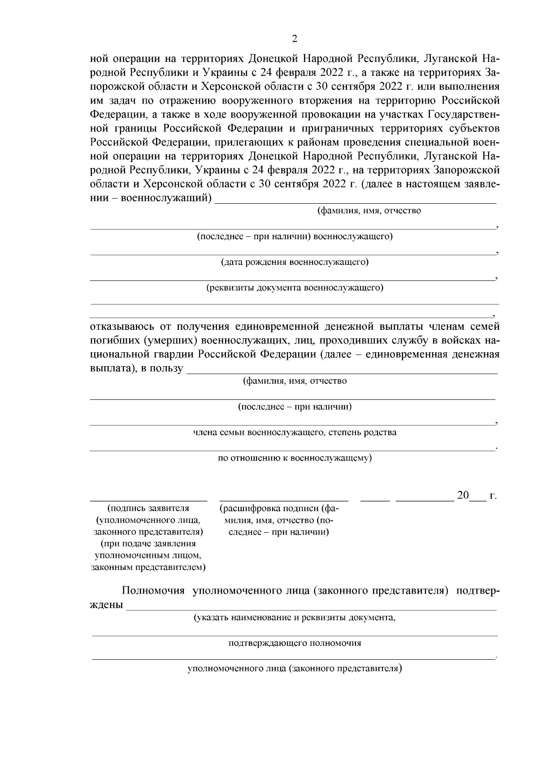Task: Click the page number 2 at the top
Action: tap(295, 39)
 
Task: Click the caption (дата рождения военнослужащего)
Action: tap(295, 262)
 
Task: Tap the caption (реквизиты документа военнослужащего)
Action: tap(295, 288)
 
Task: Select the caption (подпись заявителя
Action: tap(148, 508)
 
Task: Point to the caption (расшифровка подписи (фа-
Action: tap(279, 508)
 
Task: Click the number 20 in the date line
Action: tap(463, 495)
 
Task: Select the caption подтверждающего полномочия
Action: tap(295, 643)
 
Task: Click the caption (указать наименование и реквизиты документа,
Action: tap(295, 617)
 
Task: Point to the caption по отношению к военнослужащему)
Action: tap(295, 458)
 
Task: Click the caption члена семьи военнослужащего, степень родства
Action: tap(295, 433)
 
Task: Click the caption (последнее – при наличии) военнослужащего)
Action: tap(295, 236)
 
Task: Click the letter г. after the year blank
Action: tap(493, 495)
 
